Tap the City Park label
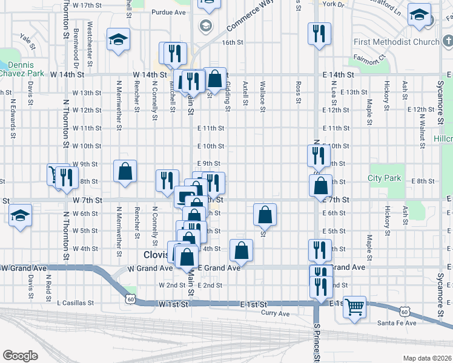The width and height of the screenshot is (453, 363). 385,178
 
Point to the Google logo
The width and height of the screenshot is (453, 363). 20,356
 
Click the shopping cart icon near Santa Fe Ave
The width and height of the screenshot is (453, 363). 354,306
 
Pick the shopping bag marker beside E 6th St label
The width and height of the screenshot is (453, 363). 265,214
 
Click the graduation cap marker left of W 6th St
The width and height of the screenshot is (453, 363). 21,215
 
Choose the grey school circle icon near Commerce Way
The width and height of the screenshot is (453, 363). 205,25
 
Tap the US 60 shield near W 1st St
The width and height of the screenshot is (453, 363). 131,298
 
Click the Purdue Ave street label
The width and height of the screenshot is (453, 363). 168,11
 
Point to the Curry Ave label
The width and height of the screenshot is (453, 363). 276,313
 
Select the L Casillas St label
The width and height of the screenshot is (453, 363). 75,302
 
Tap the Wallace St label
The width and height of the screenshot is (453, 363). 263,97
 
